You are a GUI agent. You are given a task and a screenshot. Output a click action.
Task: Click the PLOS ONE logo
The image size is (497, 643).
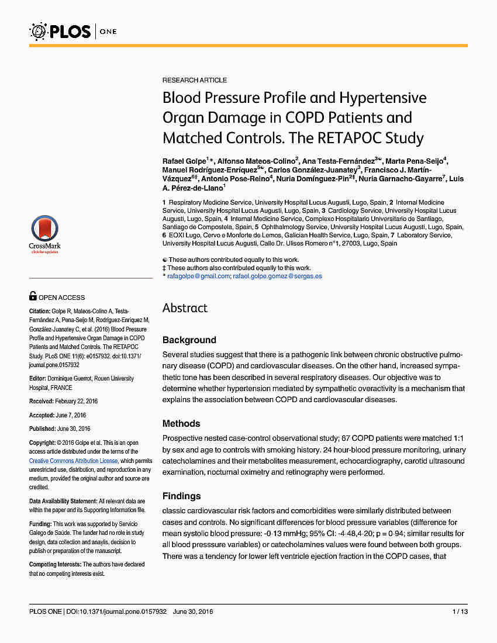[73, 30]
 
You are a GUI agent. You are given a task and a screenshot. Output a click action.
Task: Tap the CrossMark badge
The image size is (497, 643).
[44, 234]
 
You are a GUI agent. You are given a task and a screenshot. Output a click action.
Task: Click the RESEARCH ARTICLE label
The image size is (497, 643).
[195, 80]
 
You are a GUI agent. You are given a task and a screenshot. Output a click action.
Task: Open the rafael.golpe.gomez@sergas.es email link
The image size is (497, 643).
[277, 276]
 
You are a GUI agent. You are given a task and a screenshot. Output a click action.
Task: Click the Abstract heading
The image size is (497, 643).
[185, 308]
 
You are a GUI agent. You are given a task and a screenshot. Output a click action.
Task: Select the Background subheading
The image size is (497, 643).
[189, 340]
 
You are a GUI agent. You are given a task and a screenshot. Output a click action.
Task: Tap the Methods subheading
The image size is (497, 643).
[181, 423]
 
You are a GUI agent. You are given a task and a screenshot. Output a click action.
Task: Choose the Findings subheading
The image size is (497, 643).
[181, 496]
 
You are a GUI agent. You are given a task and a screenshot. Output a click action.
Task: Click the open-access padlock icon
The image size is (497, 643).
[33, 297]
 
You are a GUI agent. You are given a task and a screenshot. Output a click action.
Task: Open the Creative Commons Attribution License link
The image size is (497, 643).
[73, 461]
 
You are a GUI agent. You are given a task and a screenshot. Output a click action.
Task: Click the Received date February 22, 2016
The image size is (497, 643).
[77, 401]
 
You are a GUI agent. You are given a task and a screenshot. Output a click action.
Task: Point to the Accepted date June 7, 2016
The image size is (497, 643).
[71, 415]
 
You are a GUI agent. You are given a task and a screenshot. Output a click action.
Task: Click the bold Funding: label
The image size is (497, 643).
[40, 525]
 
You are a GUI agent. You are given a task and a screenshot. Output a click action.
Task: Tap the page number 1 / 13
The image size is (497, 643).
[460, 611]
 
